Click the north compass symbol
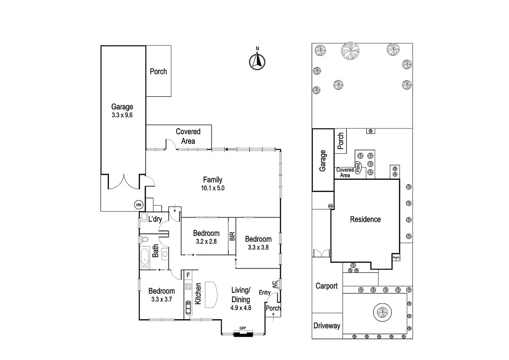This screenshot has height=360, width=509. pos(257,61)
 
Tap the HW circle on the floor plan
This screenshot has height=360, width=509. pos(139,205)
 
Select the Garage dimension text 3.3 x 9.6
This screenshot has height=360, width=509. pos(122,115)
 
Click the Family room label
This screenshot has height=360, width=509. pos(212,180)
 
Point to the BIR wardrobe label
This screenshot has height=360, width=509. pos(232,236)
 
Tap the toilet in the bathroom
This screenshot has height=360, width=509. pos(145,239)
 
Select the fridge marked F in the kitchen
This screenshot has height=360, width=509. pos(188,275)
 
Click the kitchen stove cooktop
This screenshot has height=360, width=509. pos(188,286)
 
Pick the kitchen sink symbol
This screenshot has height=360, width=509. pos(188,307)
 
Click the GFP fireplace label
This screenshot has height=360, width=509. pos(242,328)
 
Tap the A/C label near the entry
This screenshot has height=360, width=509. pos(275,285)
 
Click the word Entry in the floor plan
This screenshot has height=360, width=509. pos(265,293)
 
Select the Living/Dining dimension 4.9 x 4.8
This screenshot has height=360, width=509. pos(241,308)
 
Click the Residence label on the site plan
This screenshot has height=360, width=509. pos(365,219)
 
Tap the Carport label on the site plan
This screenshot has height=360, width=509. pos(326,286)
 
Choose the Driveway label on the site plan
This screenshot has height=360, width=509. pos(327,326)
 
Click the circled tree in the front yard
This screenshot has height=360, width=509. pos(382,313)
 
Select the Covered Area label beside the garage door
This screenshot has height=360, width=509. pos(345,173)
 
